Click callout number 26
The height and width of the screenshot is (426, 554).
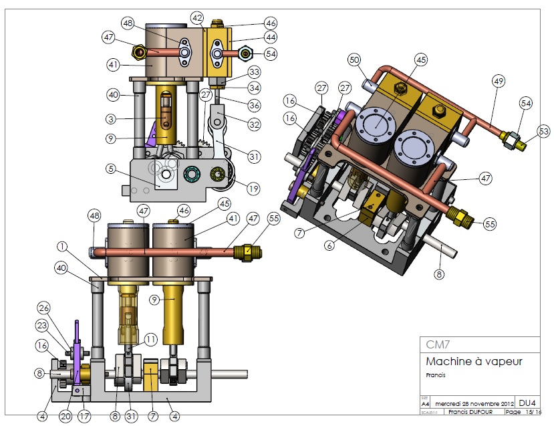pyautogui.click(x=44, y=308)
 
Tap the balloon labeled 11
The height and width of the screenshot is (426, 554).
pyautogui.click(x=151, y=339)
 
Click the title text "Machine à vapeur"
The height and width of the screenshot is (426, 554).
pyautogui.click(x=474, y=362)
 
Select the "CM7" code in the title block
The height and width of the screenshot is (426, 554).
pyautogui.click(x=438, y=345)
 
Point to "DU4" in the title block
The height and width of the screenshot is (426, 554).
pyautogui.click(x=527, y=404)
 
